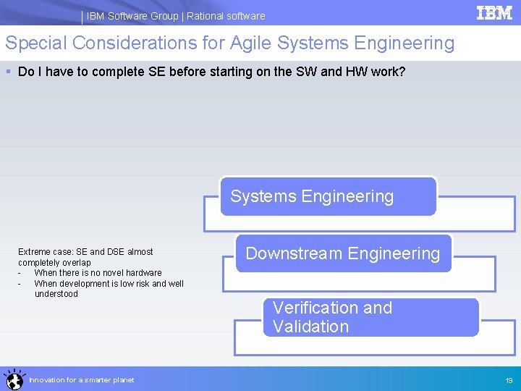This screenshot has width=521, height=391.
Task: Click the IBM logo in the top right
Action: tap(494, 12)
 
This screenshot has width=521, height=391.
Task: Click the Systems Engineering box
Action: tap(329, 196)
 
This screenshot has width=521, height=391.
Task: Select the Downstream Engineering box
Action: tap(343, 253)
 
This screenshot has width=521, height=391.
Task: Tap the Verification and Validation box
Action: tap(370, 317)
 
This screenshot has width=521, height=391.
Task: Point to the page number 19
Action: tap(509, 380)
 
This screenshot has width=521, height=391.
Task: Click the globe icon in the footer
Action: tap(14, 379)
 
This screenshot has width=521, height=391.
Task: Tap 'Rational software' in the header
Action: tap(226, 16)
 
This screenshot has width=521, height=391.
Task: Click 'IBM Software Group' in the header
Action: tap(132, 16)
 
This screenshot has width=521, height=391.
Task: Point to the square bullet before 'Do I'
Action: tap(8, 72)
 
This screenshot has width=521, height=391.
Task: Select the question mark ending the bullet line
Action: tap(402, 72)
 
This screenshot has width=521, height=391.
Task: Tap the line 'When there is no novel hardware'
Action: tap(98, 273)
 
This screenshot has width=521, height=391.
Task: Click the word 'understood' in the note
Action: tap(56, 294)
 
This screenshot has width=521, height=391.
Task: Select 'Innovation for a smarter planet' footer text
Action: tap(81, 380)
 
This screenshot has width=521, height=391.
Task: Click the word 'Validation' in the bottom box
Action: tap(310, 327)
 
